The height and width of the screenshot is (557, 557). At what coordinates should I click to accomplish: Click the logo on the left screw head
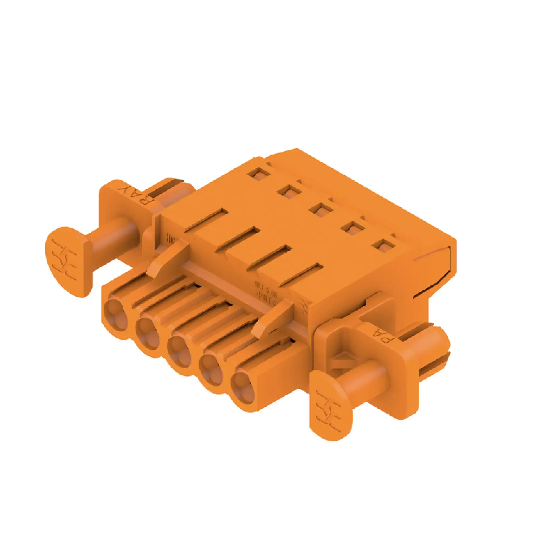pos(64,261)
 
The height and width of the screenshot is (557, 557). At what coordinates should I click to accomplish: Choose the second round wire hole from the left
pos(148,334)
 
